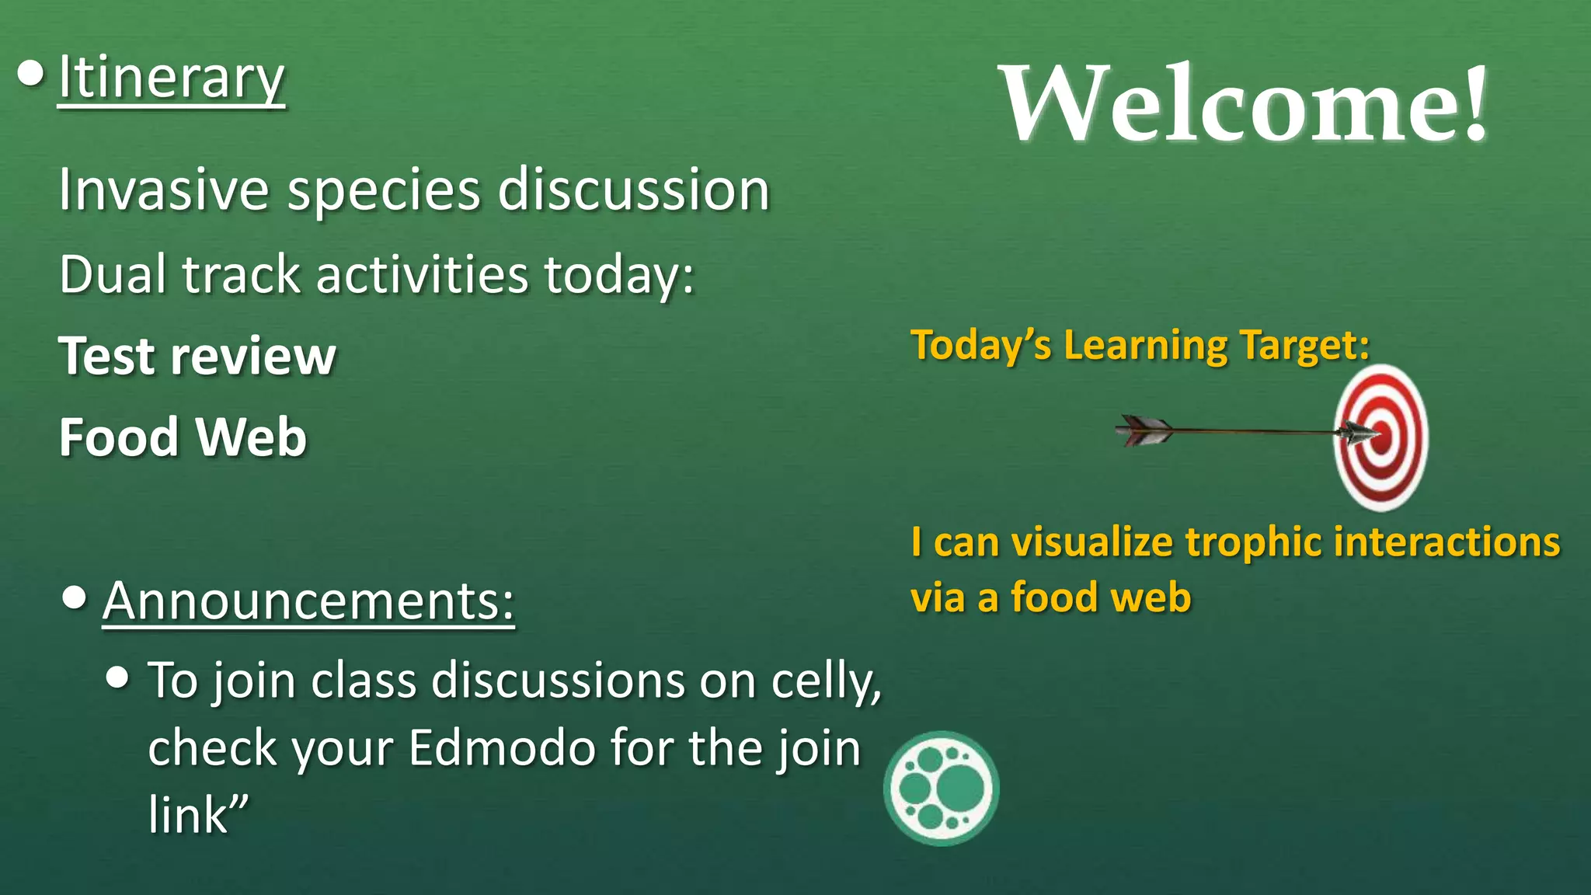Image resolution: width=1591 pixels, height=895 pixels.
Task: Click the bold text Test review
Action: (x=197, y=357)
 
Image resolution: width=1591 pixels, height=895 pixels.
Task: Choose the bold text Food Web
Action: (x=183, y=437)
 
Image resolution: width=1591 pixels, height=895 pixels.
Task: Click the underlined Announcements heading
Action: (x=308, y=601)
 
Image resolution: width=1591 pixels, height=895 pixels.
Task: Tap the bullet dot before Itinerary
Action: (x=30, y=75)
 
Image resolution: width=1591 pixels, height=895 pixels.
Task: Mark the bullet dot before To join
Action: (x=117, y=677)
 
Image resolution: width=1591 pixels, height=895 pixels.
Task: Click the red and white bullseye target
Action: (x=1381, y=437)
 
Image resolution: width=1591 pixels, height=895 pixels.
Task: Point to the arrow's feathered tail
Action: (x=1144, y=430)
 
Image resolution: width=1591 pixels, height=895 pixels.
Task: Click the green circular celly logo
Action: (x=941, y=789)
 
